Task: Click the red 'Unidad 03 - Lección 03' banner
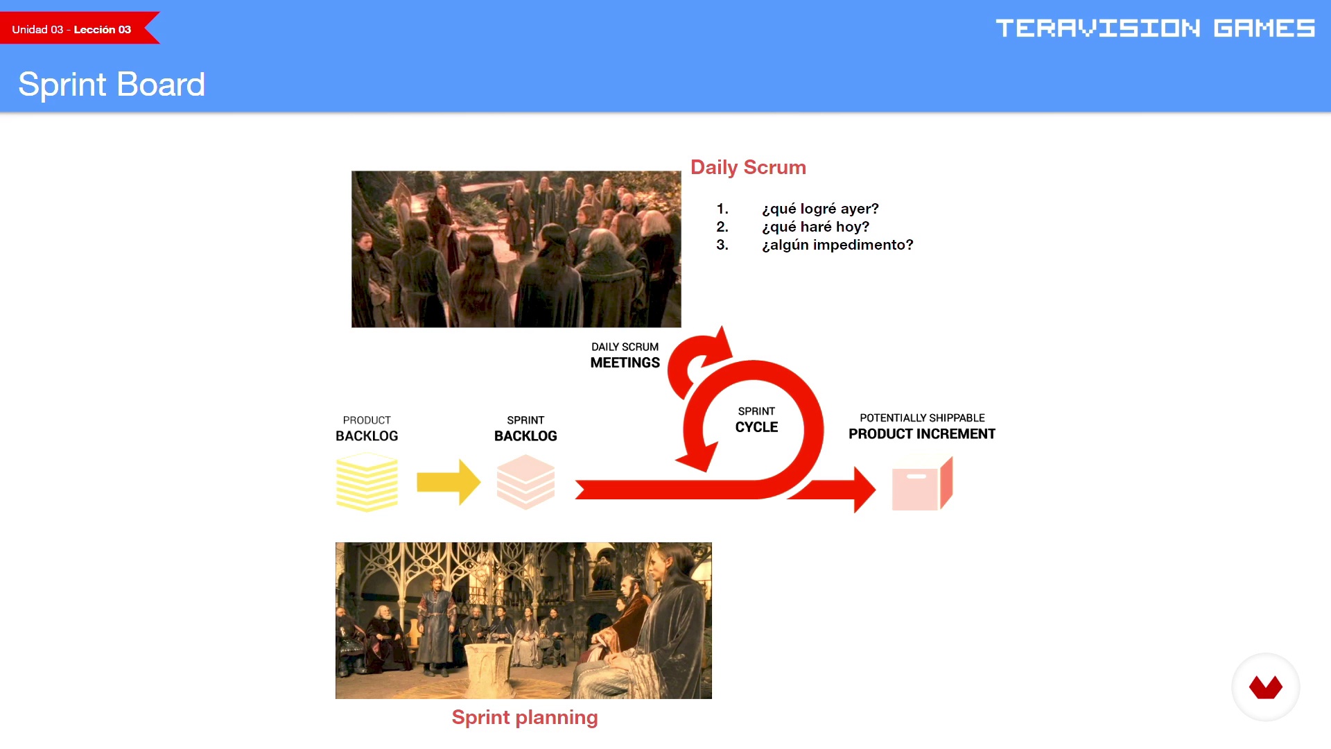click(x=76, y=28)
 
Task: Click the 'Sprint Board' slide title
click(x=112, y=85)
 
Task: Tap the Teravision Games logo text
click(x=1155, y=28)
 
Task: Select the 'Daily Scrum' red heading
click(x=748, y=167)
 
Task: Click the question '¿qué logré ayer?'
click(x=820, y=209)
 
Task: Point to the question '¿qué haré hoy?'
click(x=815, y=227)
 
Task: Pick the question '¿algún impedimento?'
click(x=837, y=245)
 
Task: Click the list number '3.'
click(x=722, y=245)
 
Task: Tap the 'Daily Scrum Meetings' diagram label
click(x=625, y=355)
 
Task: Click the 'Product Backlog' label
click(x=367, y=429)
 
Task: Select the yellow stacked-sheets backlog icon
click(x=367, y=482)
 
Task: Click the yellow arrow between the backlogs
click(x=449, y=482)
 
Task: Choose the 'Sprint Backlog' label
click(x=525, y=429)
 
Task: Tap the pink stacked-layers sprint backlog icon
click(x=525, y=482)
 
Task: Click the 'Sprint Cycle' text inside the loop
click(x=756, y=420)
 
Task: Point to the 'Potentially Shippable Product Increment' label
click(x=922, y=427)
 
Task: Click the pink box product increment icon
click(x=922, y=483)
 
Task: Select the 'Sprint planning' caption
click(x=525, y=717)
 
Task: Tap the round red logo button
click(x=1266, y=687)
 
